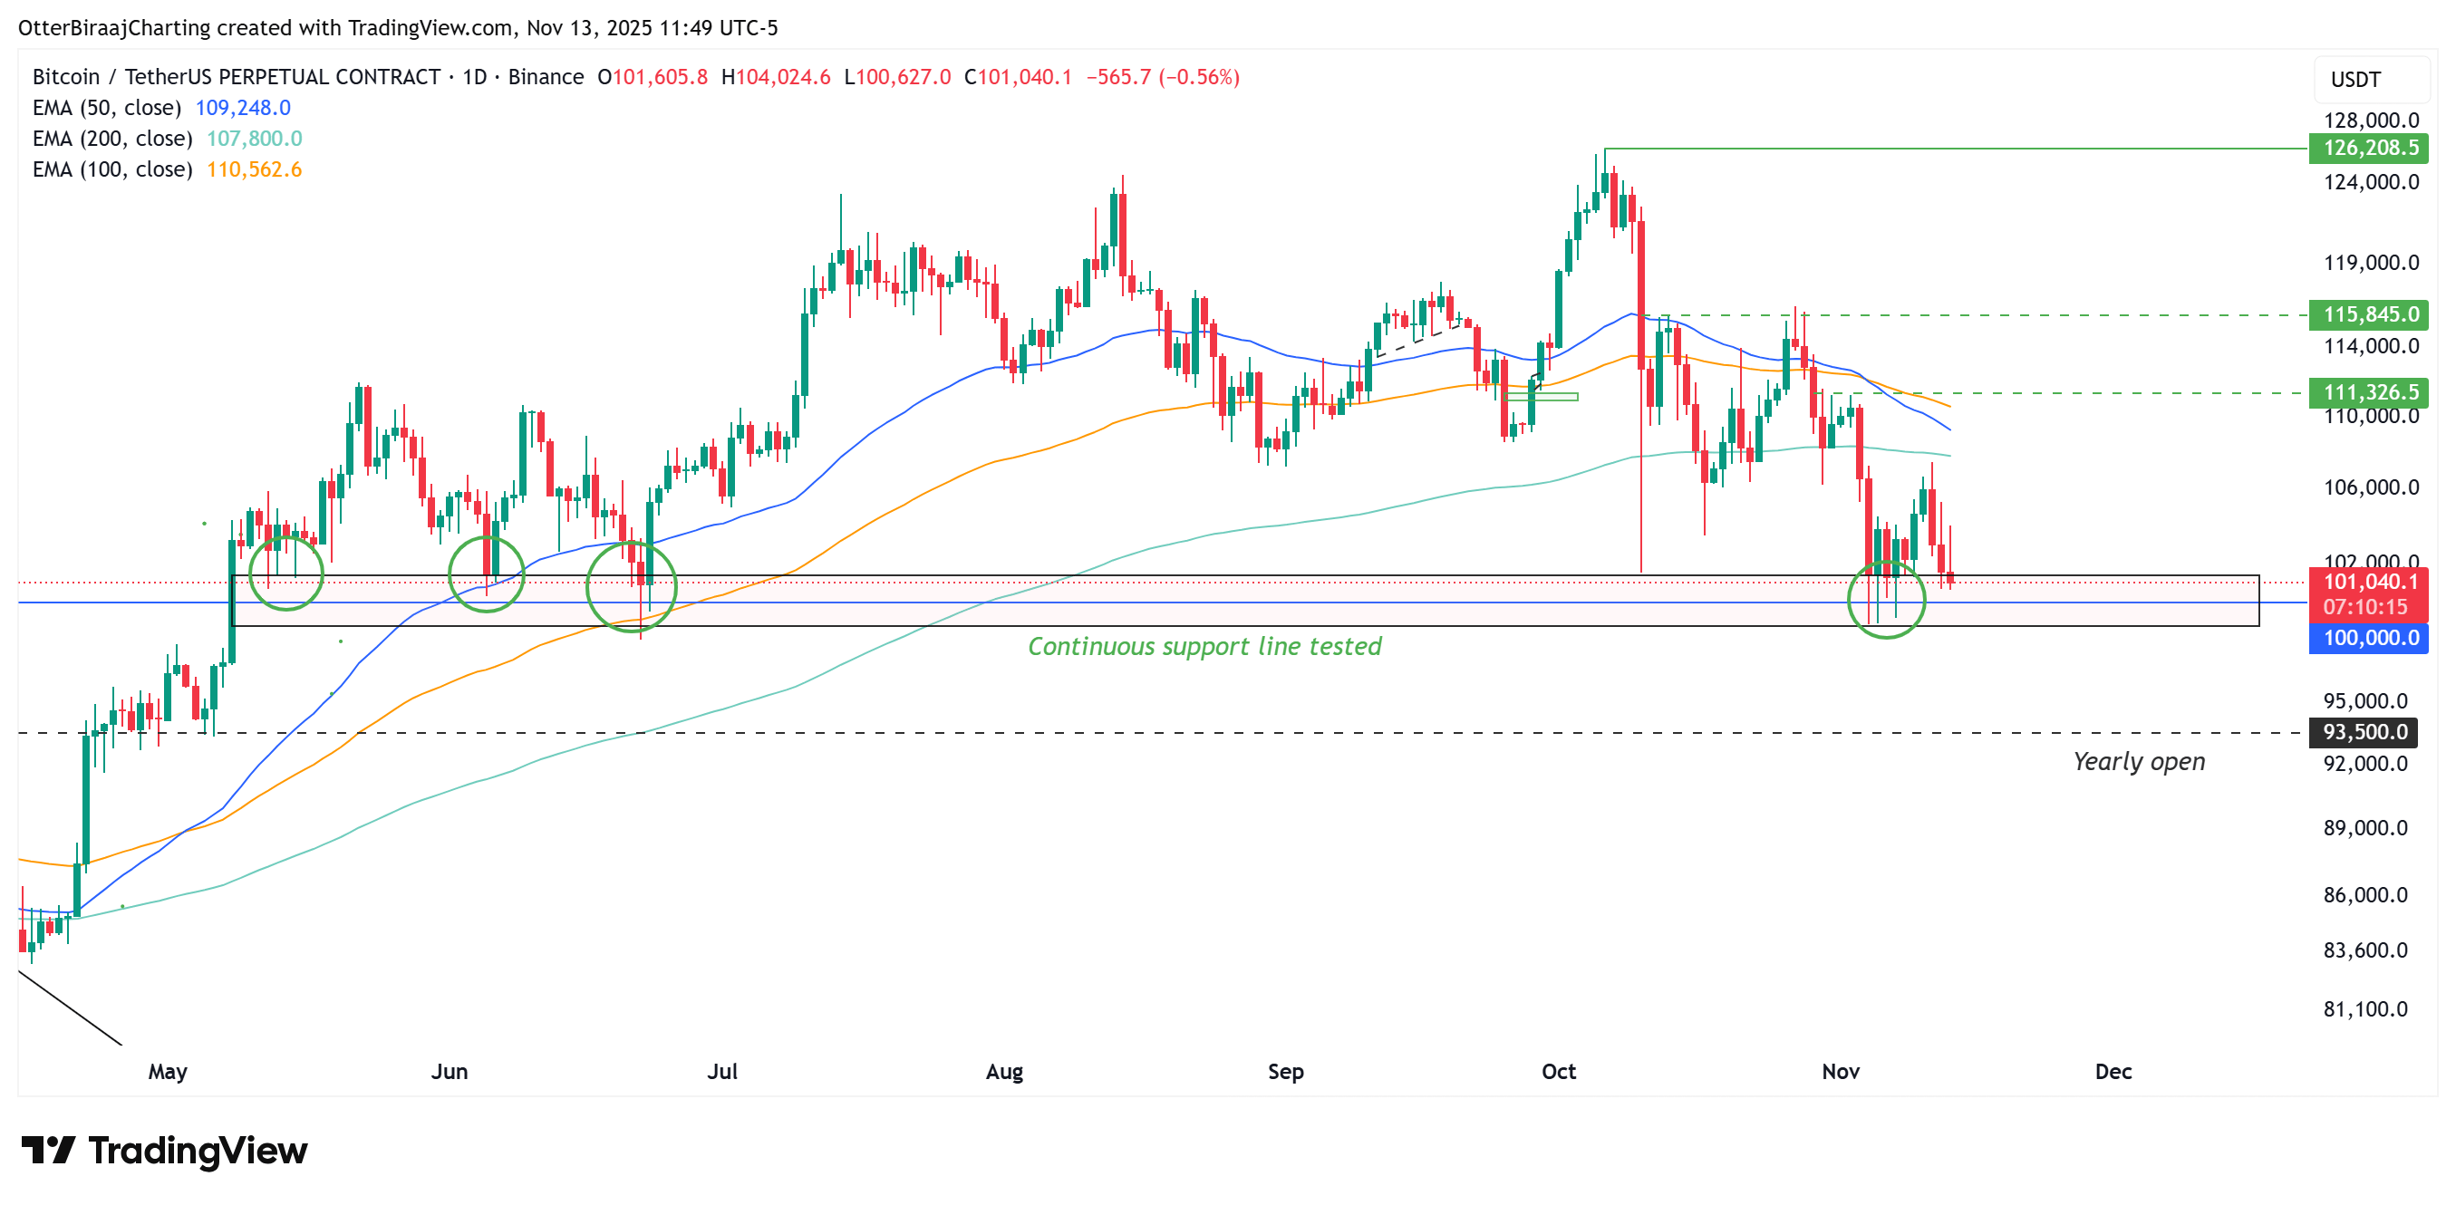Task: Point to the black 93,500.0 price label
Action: point(2364,732)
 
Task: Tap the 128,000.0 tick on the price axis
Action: point(2370,120)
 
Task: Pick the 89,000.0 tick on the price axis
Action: point(2364,827)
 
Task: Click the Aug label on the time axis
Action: point(1004,1072)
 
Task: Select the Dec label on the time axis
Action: point(2113,1072)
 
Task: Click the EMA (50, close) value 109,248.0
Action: point(242,108)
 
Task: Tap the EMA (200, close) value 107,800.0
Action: point(254,140)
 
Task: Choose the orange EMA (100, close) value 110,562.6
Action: point(254,169)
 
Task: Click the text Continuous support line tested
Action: point(1204,646)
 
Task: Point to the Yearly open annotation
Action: point(2139,762)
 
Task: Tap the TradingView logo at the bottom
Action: point(164,1151)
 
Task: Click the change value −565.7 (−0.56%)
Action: point(1162,77)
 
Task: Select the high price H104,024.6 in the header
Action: point(775,77)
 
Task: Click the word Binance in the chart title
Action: point(546,77)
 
